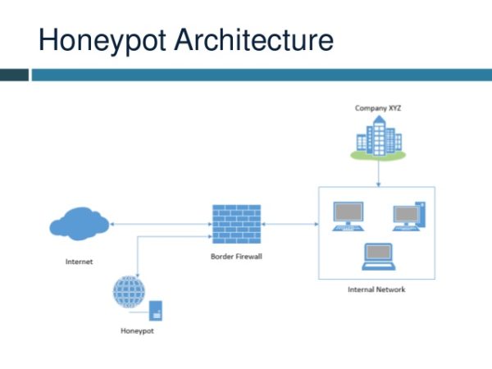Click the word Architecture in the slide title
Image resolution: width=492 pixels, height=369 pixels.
247,39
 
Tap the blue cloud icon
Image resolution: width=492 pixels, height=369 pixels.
78,223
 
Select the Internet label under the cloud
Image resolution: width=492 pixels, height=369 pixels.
79,262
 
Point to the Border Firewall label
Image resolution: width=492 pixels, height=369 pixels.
236,257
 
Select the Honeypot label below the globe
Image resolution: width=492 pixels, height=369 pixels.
136,332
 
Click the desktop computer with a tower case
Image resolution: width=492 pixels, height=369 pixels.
408,215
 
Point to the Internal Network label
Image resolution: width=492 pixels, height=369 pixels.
376,289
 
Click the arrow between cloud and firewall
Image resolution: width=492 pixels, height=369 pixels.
160,223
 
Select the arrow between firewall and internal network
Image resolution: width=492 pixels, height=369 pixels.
289,223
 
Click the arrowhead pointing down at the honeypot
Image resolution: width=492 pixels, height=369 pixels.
136,273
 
